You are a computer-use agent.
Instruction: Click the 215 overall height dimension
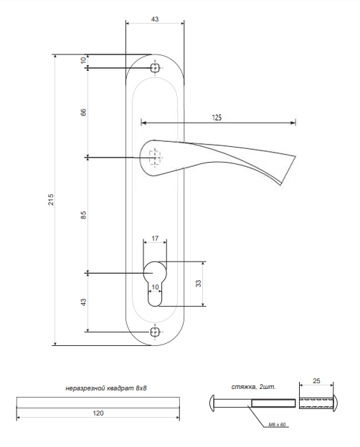point(50,200)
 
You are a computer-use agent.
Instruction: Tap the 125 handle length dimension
point(217,117)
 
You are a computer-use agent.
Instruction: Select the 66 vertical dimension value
point(83,112)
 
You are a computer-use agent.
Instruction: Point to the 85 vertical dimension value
point(83,215)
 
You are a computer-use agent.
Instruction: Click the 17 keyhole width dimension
point(155,238)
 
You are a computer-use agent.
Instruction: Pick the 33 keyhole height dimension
point(198,284)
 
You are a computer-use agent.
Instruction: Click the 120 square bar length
point(98,413)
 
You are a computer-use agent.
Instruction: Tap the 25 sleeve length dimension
point(316,380)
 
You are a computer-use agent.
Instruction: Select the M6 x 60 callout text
point(277,425)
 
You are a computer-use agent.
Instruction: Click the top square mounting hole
point(155,68)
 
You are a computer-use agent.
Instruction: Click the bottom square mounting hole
point(155,332)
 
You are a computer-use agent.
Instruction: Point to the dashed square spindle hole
point(155,157)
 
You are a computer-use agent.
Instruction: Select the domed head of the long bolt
point(212,403)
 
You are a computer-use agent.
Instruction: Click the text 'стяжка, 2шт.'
point(254,387)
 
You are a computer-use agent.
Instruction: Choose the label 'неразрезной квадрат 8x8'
point(106,388)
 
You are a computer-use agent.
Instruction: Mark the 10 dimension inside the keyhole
point(155,287)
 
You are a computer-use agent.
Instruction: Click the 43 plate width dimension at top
point(155,19)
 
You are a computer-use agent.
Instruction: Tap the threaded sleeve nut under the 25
point(318,403)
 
